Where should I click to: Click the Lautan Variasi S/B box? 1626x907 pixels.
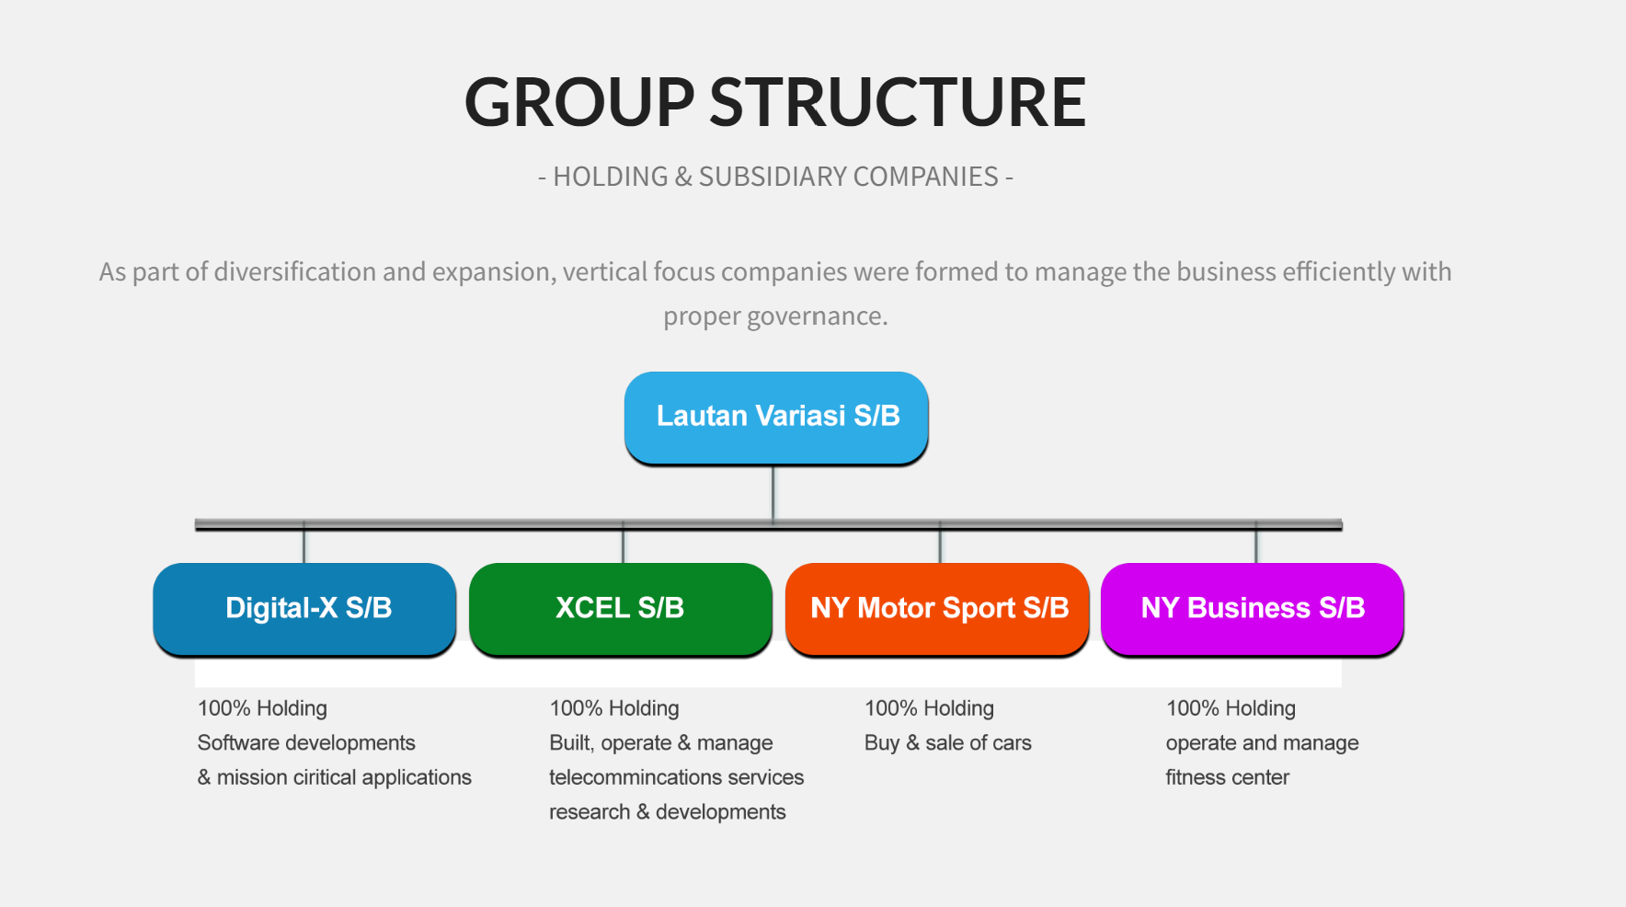tap(776, 418)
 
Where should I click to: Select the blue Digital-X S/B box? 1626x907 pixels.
tap(304, 609)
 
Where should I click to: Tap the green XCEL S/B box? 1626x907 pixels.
tap(621, 609)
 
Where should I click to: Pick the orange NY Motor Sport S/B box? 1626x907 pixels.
tap(937, 609)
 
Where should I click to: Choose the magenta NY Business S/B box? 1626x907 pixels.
tap(1253, 609)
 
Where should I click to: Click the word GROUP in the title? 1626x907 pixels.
tap(579, 101)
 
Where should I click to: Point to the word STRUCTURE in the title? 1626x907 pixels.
tap(898, 101)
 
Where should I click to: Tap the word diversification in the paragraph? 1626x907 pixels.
tap(295, 271)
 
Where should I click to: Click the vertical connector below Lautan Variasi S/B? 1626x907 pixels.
tap(773, 493)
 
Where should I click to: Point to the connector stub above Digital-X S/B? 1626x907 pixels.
tap(303, 545)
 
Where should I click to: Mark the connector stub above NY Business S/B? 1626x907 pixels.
tap(1256, 545)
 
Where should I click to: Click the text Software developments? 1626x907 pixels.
tap(306, 742)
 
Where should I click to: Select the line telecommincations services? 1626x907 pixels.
tap(677, 777)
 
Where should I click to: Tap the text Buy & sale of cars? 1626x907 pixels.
tap(948, 742)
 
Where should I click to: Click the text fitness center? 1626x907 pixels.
tap(1228, 777)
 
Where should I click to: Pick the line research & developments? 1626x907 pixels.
tap(668, 812)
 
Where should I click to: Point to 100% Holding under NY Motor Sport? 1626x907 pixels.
tap(929, 708)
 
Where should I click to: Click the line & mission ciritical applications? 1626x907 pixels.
tap(335, 777)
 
